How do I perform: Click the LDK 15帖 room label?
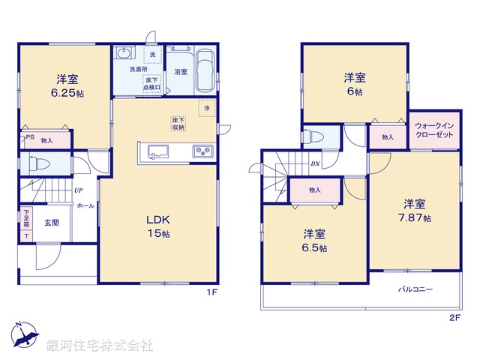click(158, 227)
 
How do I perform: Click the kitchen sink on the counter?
click(157, 151)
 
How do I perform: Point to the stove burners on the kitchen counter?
click(202, 151)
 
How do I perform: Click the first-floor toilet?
click(40, 163)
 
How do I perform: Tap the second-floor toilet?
click(314, 136)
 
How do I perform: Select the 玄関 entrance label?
click(52, 223)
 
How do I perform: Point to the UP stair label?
click(78, 191)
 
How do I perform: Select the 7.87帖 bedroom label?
click(414, 211)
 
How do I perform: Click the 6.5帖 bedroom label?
click(314, 240)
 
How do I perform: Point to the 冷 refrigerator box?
click(207, 108)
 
